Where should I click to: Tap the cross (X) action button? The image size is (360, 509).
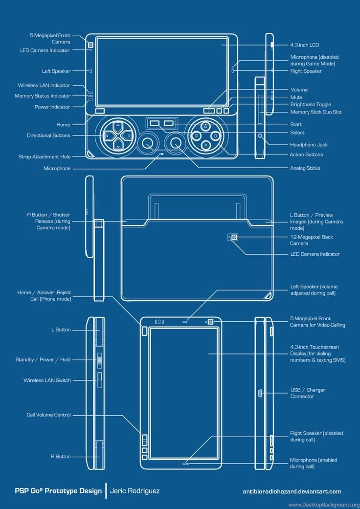pyautogui.click(x=206, y=145)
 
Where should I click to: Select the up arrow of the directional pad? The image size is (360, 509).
pyautogui.click(x=118, y=126)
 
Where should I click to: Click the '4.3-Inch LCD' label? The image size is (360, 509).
pyautogui.click(x=304, y=45)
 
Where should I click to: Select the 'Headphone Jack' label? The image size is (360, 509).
pyautogui.click(x=309, y=145)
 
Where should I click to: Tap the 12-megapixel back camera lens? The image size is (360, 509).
pyautogui.click(x=234, y=237)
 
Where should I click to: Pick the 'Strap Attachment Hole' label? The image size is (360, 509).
pyautogui.click(x=44, y=157)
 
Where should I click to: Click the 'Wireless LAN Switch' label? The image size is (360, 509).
pyautogui.click(x=47, y=380)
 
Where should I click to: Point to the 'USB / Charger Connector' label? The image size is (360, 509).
pyautogui.click(x=308, y=393)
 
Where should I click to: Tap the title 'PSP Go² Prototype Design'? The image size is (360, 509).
pyautogui.click(x=58, y=491)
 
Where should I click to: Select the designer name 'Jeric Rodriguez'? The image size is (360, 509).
pyautogui.click(x=135, y=491)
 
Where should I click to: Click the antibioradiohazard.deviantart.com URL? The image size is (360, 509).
pyautogui.click(x=292, y=491)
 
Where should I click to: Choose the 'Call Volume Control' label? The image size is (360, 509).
pyautogui.click(x=48, y=415)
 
